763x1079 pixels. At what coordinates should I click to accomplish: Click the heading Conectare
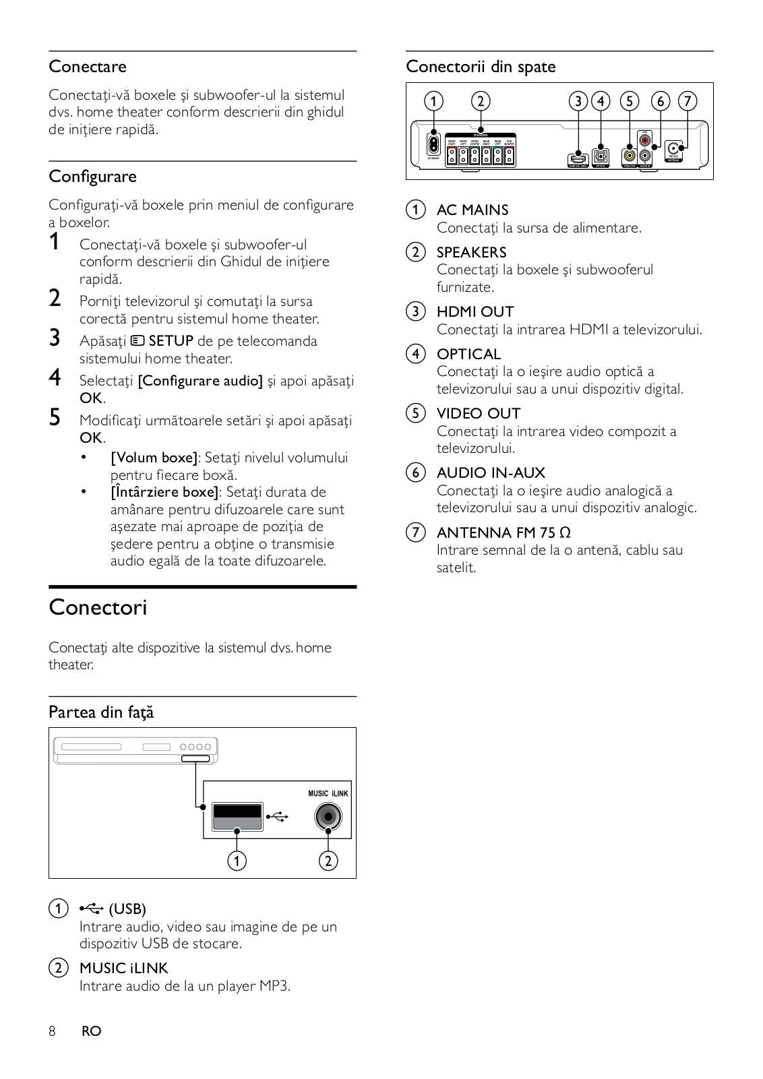pyautogui.click(x=88, y=67)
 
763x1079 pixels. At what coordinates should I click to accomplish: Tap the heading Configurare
pyautogui.click(x=92, y=177)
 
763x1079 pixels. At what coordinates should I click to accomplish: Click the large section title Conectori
pyautogui.click(x=98, y=607)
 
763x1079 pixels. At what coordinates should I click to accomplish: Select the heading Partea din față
pyautogui.click(x=101, y=712)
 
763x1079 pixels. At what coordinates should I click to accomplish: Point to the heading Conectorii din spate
pyautogui.click(x=481, y=67)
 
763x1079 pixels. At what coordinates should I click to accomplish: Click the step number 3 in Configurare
pyautogui.click(x=55, y=338)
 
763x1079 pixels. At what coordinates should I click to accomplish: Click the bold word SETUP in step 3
pyautogui.click(x=171, y=341)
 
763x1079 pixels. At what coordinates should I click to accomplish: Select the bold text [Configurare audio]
pyautogui.click(x=200, y=381)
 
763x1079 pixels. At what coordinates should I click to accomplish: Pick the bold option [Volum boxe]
pyautogui.click(x=154, y=458)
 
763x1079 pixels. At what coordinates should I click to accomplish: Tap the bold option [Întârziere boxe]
pyautogui.click(x=164, y=492)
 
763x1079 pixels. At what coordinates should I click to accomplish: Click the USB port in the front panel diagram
pyautogui.click(x=237, y=817)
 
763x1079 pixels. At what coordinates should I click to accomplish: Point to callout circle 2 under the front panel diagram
pyautogui.click(x=328, y=861)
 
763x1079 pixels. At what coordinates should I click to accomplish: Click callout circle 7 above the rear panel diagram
pyautogui.click(x=687, y=101)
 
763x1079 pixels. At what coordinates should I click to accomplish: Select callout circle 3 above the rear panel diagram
pyautogui.click(x=578, y=101)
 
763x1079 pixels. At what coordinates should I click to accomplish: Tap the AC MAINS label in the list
pyautogui.click(x=472, y=210)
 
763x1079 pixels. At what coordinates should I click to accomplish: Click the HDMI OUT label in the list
pyautogui.click(x=475, y=312)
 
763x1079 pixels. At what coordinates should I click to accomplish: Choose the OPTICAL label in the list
pyautogui.click(x=468, y=354)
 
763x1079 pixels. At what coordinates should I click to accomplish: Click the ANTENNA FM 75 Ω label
pyautogui.click(x=503, y=532)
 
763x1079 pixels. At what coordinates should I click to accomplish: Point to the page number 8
pyautogui.click(x=52, y=1031)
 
